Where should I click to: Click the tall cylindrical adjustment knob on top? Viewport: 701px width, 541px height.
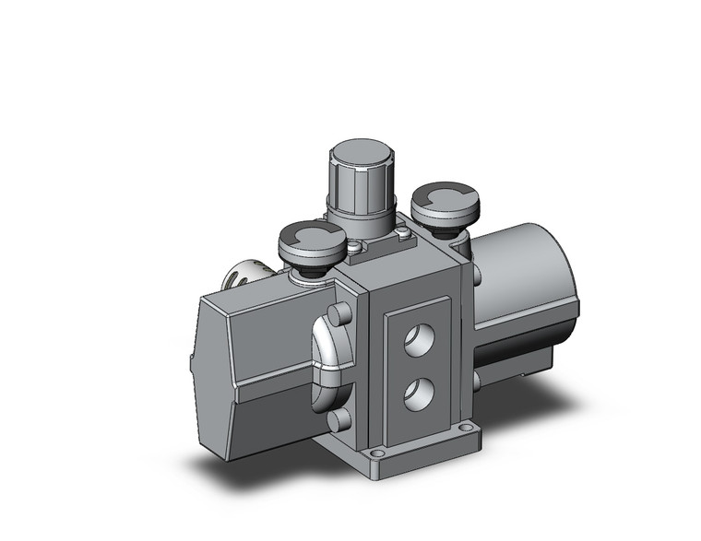[362, 184]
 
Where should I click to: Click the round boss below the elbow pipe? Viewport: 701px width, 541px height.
[339, 419]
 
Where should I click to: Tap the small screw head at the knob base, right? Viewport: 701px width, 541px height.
[405, 237]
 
